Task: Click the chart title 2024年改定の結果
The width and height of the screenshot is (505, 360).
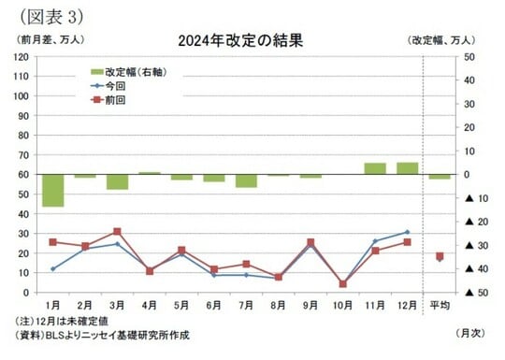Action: point(240,40)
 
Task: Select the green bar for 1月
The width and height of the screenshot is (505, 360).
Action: point(53,190)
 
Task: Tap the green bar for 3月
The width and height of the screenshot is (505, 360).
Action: point(117,181)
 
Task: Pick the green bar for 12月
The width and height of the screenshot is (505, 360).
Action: point(407,168)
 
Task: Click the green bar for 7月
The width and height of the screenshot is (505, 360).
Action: point(246,180)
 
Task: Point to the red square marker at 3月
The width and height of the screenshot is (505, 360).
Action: point(117,231)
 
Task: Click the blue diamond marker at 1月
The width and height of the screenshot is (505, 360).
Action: point(53,268)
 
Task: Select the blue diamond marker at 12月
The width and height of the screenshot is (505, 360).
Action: point(407,232)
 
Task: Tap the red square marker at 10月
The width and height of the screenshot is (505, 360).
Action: point(342,283)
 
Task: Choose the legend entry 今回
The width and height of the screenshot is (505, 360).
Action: point(117,84)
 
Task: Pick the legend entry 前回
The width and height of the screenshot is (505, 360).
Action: point(117,98)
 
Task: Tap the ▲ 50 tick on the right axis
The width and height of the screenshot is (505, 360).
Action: point(469,293)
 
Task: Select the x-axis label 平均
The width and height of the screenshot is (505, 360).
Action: point(439,306)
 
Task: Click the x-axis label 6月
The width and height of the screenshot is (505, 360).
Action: point(213,306)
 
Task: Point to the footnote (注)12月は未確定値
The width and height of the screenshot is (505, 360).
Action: point(67,322)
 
